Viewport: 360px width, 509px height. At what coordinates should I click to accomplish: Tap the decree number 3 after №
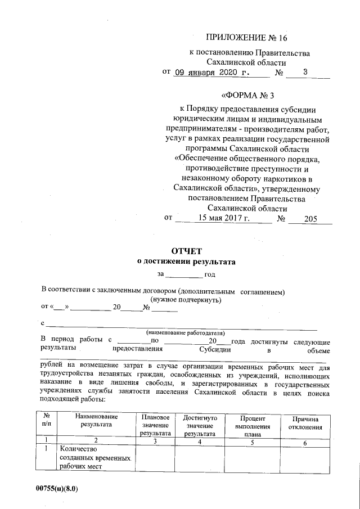tap(305, 72)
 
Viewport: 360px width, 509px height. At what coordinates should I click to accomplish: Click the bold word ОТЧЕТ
tap(186, 251)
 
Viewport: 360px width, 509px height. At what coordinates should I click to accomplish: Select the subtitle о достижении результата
tap(186, 262)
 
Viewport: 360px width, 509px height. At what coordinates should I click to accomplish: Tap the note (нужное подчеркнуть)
tap(186, 300)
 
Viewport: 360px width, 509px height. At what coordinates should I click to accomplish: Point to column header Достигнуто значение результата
tap(200, 425)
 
